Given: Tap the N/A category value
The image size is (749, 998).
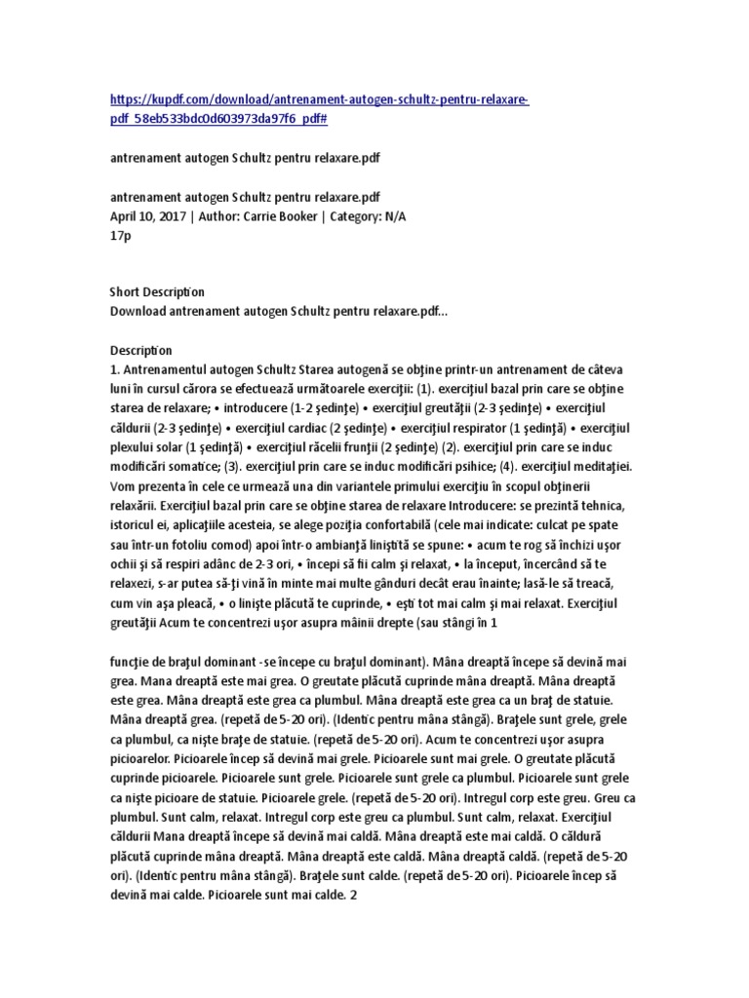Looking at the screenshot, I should [x=392, y=216].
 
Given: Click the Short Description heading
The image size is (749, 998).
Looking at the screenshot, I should [x=156, y=291].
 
